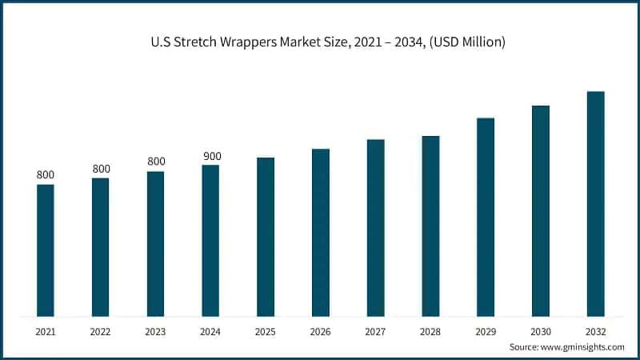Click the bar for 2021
click(46, 250)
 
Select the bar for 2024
click(210, 241)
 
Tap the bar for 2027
click(376, 228)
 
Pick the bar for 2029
click(486, 217)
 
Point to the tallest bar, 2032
click(596, 204)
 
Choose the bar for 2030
click(541, 210)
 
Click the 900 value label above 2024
click(212, 156)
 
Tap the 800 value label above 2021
click(46, 175)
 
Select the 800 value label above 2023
click(156, 162)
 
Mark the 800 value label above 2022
click(101, 169)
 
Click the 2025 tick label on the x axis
click(266, 330)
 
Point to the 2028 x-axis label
click(430, 330)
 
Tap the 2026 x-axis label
click(321, 330)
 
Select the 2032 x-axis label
click(596, 330)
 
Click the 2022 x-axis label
click(101, 330)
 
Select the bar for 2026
click(321, 233)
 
